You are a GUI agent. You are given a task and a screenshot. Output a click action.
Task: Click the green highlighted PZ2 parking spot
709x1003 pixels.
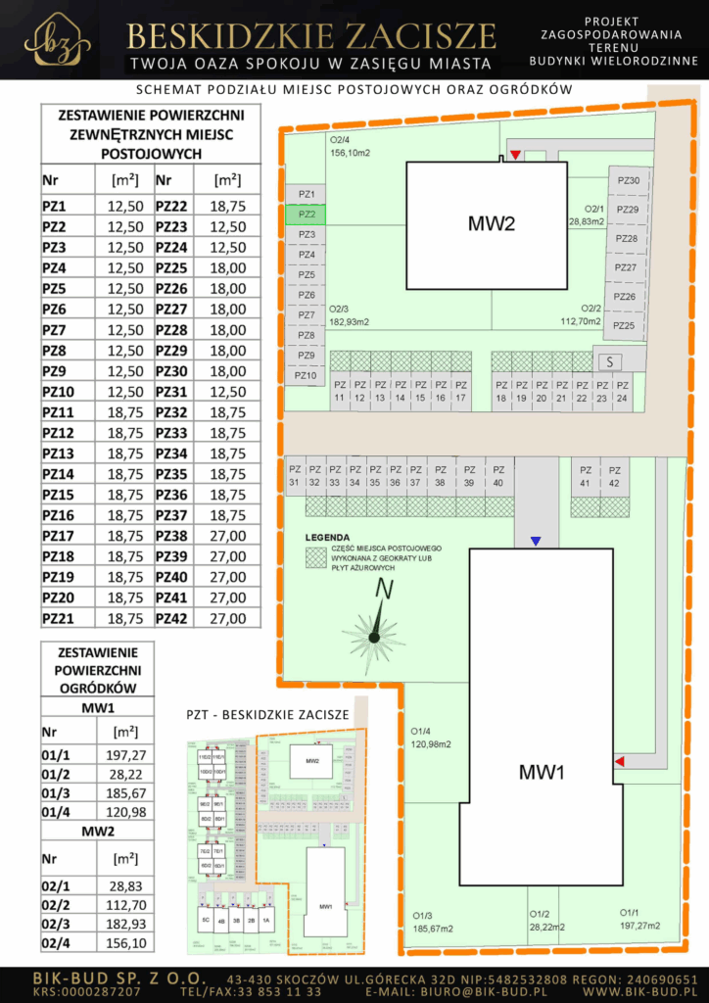click(307, 215)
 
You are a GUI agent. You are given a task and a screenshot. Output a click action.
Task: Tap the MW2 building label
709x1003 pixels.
click(491, 224)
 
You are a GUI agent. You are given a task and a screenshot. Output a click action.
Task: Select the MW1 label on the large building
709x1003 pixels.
click(543, 773)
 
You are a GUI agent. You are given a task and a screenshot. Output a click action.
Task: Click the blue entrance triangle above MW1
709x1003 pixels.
click(535, 541)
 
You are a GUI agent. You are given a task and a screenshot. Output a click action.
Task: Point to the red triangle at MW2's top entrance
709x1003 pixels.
click(515, 156)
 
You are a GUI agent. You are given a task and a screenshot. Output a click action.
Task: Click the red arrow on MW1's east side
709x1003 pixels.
click(618, 761)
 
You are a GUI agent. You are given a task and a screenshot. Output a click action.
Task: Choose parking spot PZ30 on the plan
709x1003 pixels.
click(628, 180)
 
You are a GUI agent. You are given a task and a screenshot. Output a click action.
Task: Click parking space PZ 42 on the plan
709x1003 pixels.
click(614, 476)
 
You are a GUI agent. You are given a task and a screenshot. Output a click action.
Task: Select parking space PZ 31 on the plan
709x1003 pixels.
click(294, 475)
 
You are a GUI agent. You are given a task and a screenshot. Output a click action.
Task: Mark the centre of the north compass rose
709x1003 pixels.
click(373, 639)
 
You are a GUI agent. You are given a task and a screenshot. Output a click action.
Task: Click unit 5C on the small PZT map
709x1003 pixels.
click(206, 921)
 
